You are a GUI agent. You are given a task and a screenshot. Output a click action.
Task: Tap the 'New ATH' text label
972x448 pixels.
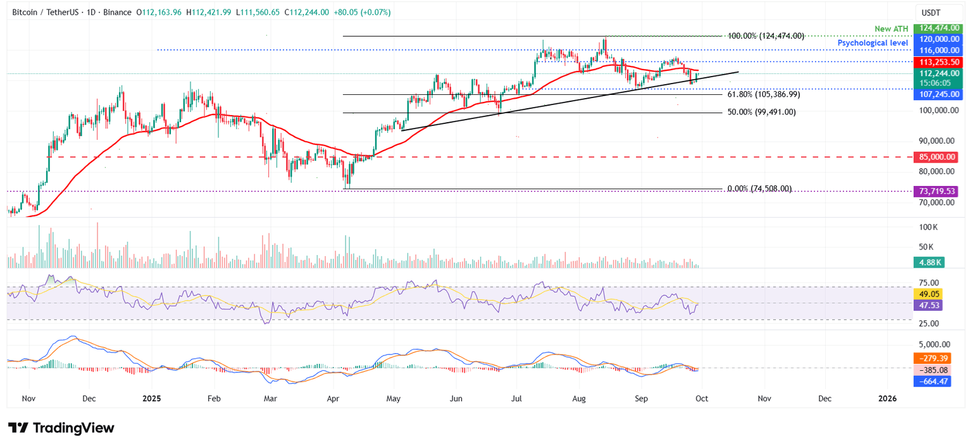click(890, 28)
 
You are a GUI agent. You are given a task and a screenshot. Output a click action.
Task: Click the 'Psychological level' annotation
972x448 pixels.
click(873, 42)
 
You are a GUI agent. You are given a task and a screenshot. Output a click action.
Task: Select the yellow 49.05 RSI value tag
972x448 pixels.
click(929, 294)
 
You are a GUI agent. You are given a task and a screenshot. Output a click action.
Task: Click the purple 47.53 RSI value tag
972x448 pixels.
click(929, 305)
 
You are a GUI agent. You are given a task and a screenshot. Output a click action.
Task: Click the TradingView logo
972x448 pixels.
click(61, 428)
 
